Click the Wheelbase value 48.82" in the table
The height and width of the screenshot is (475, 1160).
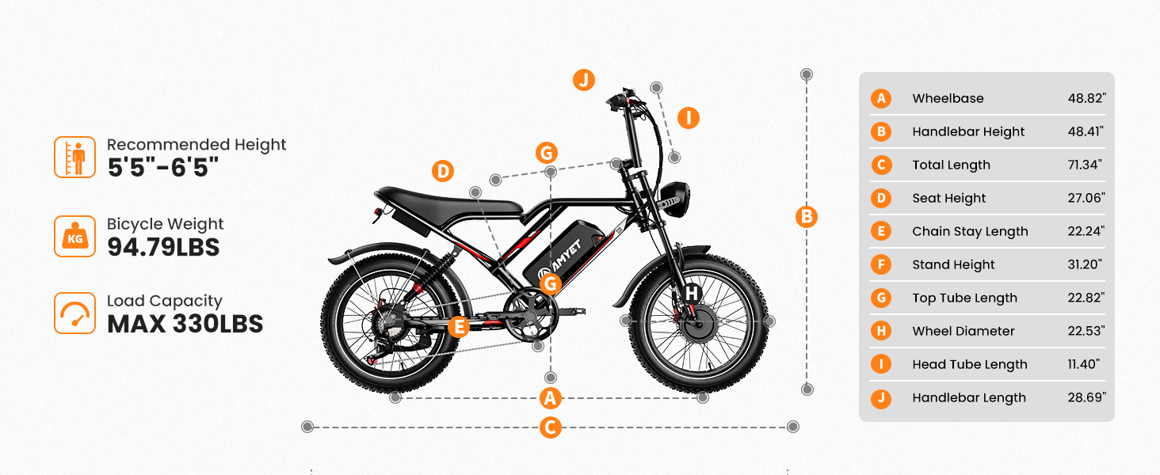pyautogui.click(x=1086, y=98)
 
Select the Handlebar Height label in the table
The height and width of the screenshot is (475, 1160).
pyautogui.click(x=968, y=132)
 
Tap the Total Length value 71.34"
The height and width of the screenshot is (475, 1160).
pyautogui.click(x=1085, y=165)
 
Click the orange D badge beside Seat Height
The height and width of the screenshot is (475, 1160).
pyautogui.click(x=881, y=198)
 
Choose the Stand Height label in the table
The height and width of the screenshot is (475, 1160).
pyautogui.click(x=953, y=264)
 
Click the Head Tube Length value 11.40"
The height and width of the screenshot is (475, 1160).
pyautogui.click(x=1083, y=364)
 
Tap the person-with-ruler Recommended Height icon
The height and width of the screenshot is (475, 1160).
pyautogui.click(x=75, y=158)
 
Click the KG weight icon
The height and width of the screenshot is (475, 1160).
pyautogui.click(x=75, y=237)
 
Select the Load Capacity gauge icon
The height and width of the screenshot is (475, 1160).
pyautogui.click(x=75, y=313)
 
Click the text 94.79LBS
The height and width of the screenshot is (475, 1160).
pyautogui.click(x=164, y=247)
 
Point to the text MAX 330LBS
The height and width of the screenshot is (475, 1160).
pyautogui.click(x=185, y=324)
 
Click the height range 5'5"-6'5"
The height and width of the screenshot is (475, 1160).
pyautogui.click(x=163, y=168)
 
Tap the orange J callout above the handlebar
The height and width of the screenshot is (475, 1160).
pyautogui.click(x=584, y=80)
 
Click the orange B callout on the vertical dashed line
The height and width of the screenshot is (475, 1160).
pyautogui.click(x=807, y=217)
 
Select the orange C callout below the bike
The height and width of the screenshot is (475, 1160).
pyautogui.click(x=550, y=427)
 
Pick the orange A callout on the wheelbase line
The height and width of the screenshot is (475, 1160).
pyautogui.click(x=550, y=398)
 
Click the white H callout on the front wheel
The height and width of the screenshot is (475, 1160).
pyautogui.click(x=692, y=294)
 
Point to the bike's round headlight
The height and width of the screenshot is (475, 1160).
pyautogui.click(x=674, y=199)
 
